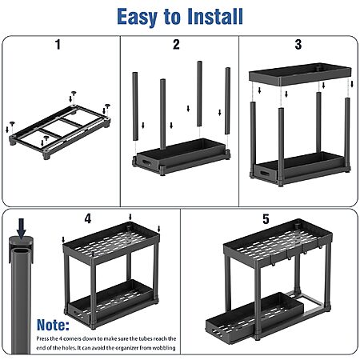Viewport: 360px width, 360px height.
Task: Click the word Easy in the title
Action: (137, 17)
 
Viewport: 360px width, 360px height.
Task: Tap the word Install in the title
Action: (215, 17)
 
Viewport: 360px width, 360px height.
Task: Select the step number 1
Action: (58, 44)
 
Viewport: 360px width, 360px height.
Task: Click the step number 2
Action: (176, 44)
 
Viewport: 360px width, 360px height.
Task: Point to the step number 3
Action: (298, 44)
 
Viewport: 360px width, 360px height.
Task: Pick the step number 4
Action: (88, 218)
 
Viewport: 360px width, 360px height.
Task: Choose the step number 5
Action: (266, 219)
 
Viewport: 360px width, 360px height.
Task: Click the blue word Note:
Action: (53, 325)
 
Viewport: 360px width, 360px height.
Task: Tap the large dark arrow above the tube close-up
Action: (22, 228)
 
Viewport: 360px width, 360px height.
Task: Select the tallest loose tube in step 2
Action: (199, 94)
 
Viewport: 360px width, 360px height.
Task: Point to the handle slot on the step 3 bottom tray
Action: (265, 174)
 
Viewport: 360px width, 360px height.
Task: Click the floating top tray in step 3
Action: (300, 74)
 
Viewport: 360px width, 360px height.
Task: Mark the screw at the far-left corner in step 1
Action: (12, 124)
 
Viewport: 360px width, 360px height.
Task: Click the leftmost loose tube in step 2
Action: (135, 106)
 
